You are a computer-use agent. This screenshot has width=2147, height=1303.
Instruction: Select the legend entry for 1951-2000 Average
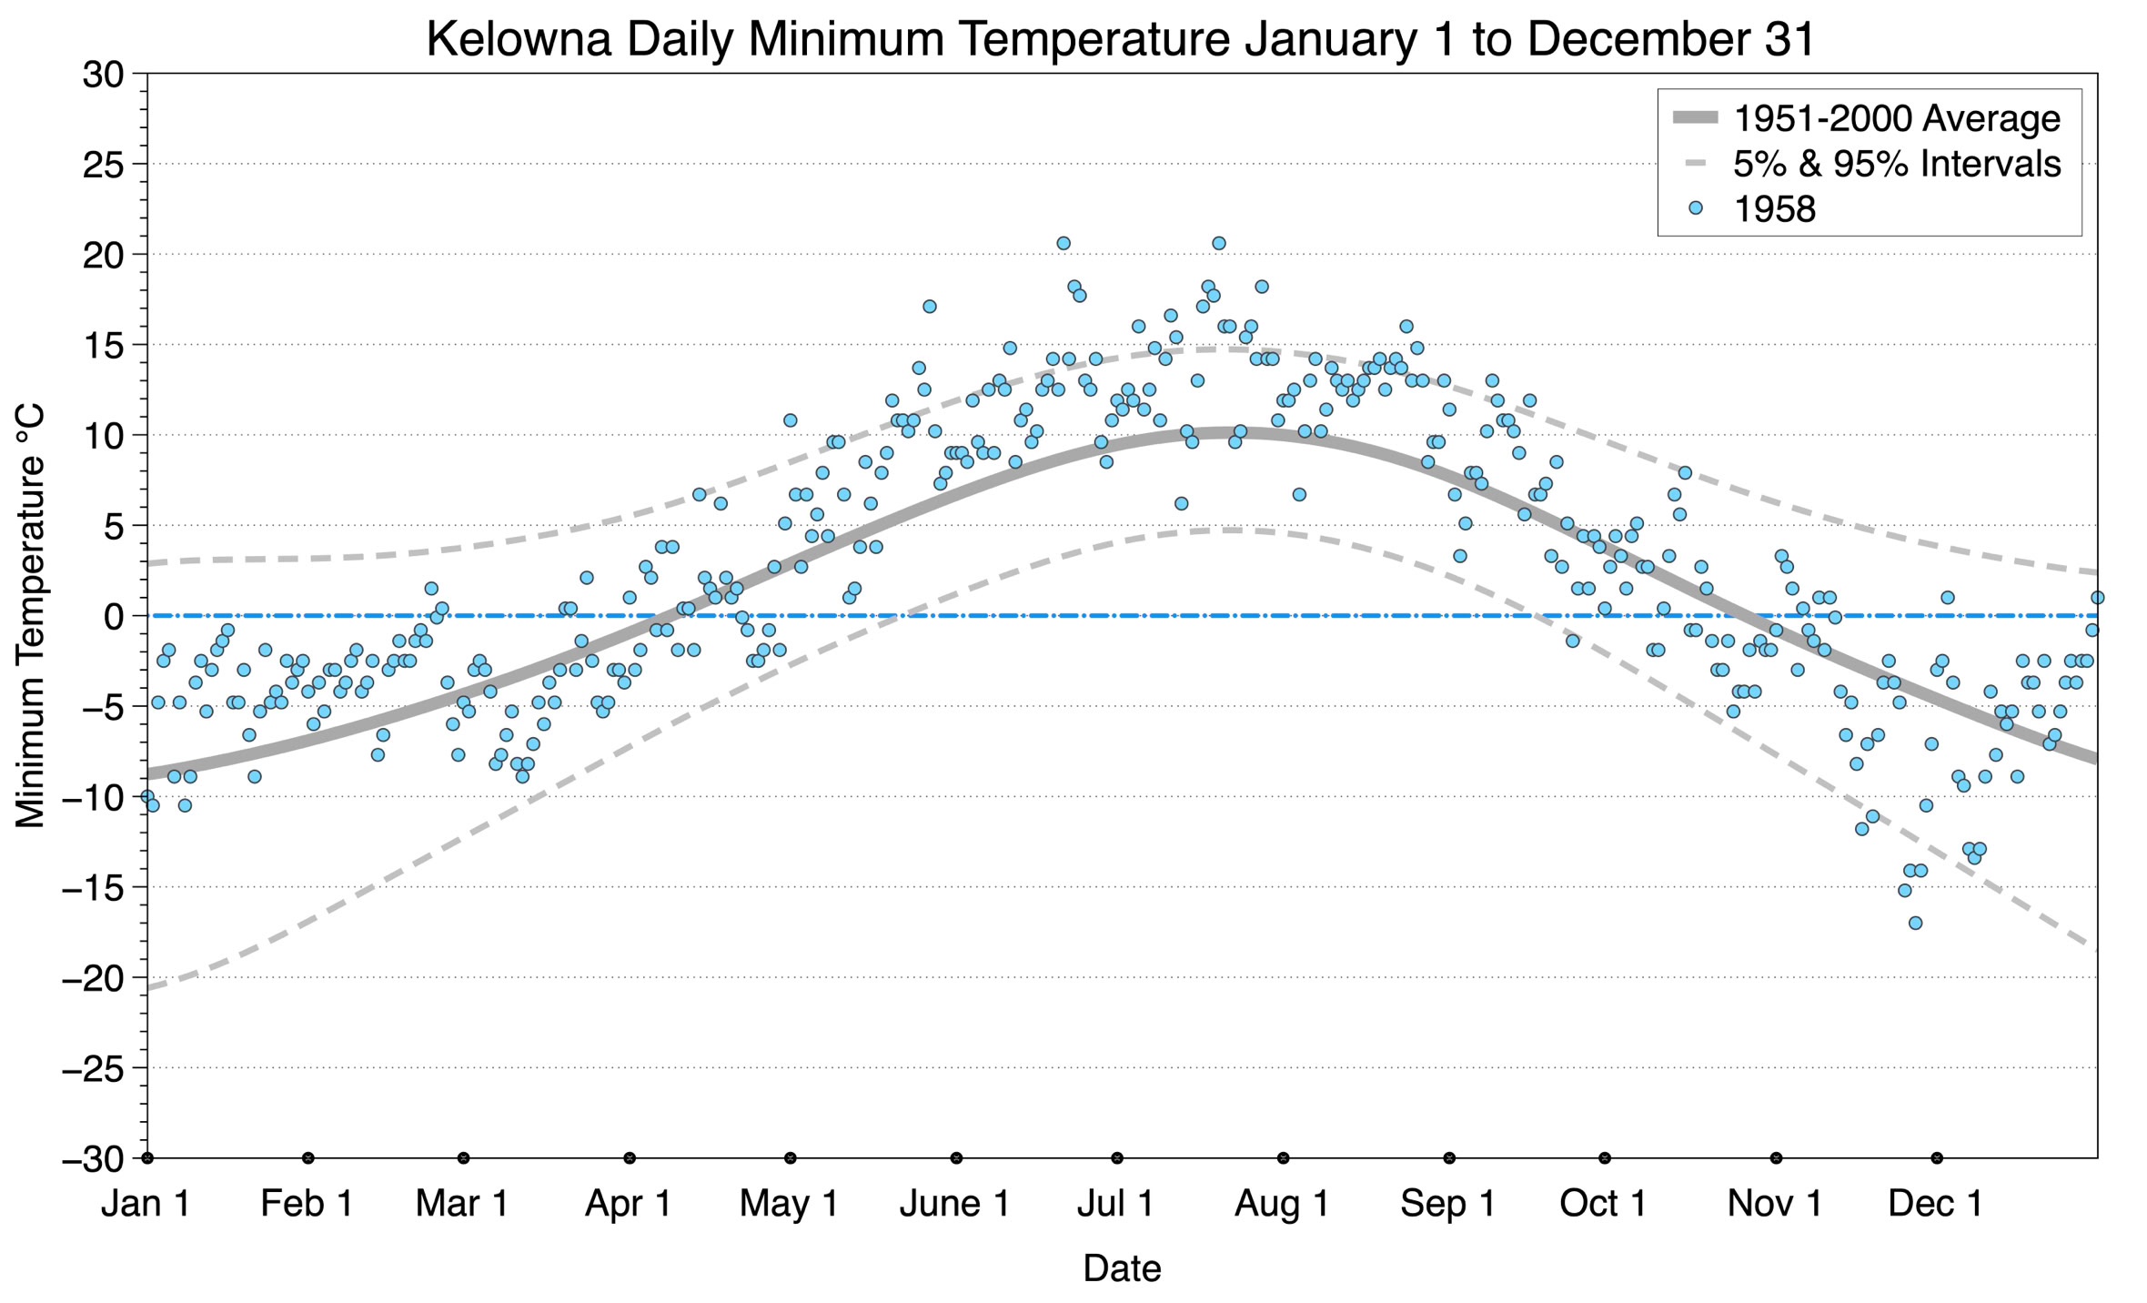click(1896, 118)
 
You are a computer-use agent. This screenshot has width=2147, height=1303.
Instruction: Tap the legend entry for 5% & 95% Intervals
click(1896, 164)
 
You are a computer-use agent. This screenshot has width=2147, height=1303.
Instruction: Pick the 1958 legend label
click(1774, 209)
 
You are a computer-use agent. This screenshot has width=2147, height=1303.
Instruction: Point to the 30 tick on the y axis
click(103, 75)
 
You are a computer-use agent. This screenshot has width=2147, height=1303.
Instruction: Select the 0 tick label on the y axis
click(114, 617)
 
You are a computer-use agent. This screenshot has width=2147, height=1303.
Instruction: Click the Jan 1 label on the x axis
click(146, 1204)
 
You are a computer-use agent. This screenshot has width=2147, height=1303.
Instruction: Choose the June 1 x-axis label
click(954, 1204)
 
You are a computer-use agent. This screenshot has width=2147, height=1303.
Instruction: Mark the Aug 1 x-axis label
click(1282, 1204)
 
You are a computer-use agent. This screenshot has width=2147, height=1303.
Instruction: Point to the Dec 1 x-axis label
click(1935, 1204)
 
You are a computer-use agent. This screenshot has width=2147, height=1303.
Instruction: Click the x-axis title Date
click(1122, 1268)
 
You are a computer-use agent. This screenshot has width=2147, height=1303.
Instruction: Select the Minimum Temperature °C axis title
click(31, 616)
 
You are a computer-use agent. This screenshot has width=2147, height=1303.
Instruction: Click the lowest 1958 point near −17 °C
click(1915, 923)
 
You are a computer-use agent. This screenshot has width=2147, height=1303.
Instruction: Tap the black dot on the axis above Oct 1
click(1605, 1158)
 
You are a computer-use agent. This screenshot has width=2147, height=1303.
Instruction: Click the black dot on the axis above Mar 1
click(463, 1158)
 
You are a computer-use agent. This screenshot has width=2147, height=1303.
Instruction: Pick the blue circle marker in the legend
click(1695, 208)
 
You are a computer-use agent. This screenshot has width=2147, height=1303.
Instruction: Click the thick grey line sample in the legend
click(1695, 117)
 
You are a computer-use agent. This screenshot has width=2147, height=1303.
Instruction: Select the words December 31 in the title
click(1671, 40)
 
